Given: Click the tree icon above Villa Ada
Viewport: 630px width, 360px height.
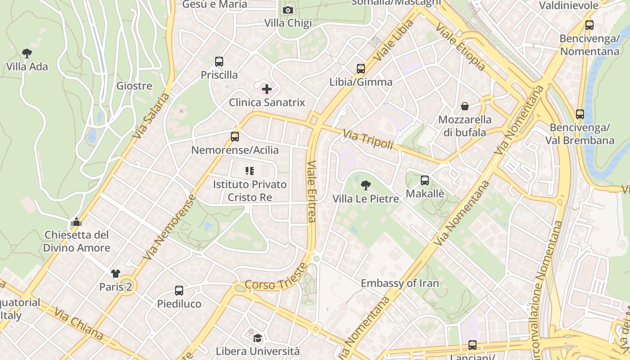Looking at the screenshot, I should (x=27, y=54).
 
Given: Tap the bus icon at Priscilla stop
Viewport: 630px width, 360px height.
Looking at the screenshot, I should (x=219, y=62).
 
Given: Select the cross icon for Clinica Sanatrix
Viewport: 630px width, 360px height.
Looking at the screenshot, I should (x=267, y=89).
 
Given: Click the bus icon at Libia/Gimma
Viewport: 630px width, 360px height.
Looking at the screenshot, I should (x=361, y=69).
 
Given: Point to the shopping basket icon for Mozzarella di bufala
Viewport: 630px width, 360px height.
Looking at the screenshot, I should (x=464, y=106).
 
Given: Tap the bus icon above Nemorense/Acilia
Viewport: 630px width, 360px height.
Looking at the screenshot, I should (x=234, y=137).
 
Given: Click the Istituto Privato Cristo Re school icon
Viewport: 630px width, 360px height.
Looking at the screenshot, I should (x=250, y=171).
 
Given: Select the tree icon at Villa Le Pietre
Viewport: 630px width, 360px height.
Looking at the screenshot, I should (x=366, y=185).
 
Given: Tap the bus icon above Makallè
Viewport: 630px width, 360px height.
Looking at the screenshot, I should (x=425, y=180).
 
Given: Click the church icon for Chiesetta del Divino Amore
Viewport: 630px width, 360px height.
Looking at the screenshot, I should (x=76, y=222).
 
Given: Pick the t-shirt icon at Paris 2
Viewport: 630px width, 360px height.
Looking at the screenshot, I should (x=116, y=273).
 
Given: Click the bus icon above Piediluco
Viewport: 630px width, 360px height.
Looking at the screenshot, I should (x=179, y=291).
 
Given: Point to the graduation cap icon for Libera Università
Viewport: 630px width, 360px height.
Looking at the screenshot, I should (x=257, y=338).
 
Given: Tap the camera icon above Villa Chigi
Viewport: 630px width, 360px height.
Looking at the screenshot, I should (x=288, y=10).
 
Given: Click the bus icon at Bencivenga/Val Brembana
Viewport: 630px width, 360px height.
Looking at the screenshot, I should (x=580, y=114).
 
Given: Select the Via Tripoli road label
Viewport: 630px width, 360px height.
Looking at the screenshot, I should (x=368, y=139).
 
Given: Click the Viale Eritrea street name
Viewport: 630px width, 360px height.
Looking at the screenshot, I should (x=311, y=191).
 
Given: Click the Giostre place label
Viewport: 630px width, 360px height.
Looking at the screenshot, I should (x=134, y=86).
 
